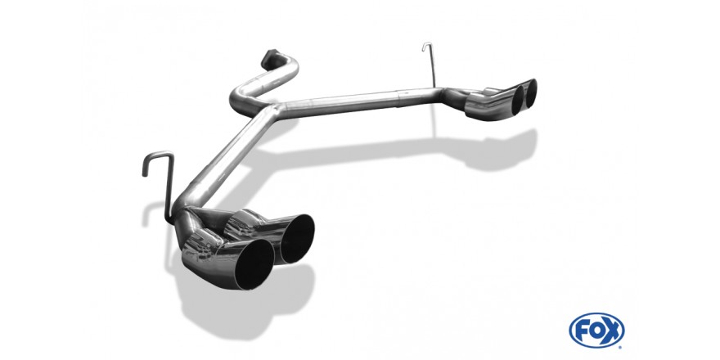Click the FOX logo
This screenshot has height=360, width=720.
click(x=596, y=331)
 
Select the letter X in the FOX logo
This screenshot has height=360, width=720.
click(x=613, y=331)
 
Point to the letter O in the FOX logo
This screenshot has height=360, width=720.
click(x=596, y=331)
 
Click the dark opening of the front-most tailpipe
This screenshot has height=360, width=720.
click(x=254, y=264)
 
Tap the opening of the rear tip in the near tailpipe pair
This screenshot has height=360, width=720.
click(x=297, y=239)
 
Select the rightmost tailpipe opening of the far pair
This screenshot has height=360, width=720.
click(x=531, y=93)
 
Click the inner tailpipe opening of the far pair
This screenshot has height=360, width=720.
click(x=518, y=100)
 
